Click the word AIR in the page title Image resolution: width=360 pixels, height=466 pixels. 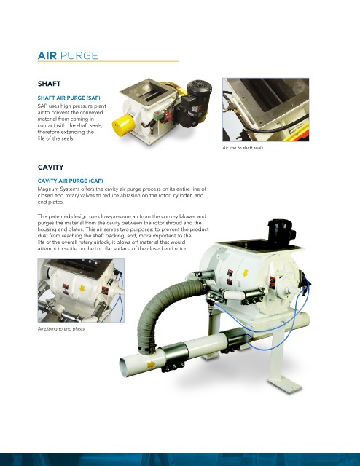[47, 55]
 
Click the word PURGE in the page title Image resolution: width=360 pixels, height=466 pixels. [79, 55]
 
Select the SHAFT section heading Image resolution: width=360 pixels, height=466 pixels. [49, 84]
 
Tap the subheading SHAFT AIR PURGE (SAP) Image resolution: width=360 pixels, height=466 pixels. [69, 98]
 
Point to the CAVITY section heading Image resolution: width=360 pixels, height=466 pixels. [50, 167]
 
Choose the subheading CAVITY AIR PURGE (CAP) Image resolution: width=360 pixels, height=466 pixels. [70, 181]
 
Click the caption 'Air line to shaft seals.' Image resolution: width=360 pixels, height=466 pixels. [243, 147]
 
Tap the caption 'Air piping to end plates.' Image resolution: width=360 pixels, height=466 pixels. [62, 328]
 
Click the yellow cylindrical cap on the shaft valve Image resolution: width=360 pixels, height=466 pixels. [123, 125]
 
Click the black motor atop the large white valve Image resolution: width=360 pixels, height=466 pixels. [281, 232]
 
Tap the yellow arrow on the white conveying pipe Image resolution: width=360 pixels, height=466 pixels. [151, 364]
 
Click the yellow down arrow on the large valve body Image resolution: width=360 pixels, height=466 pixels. [245, 273]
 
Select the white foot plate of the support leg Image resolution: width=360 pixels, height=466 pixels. [286, 384]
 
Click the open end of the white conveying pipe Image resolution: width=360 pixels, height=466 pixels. [124, 367]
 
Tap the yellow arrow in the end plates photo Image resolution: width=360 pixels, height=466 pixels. [82, 288]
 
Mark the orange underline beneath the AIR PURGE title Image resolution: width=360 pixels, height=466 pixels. [108, 61]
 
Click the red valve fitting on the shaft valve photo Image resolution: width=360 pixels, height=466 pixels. [168, 116]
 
